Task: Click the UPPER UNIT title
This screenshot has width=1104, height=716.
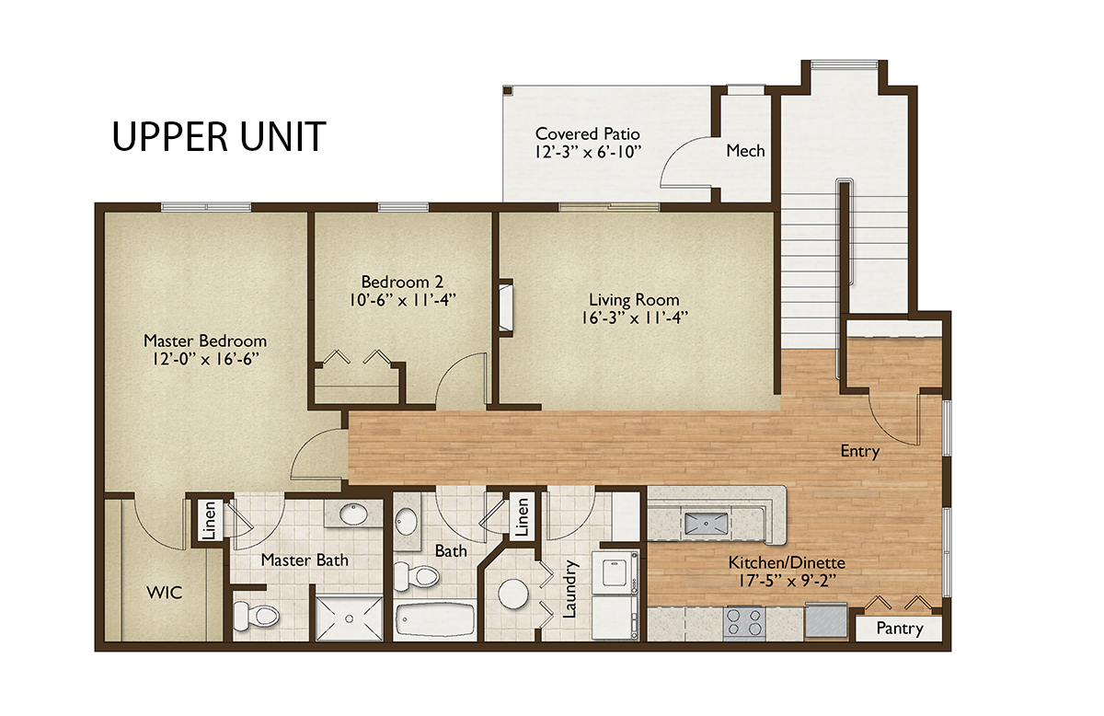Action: click(219, 136)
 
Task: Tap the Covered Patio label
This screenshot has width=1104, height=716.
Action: click(588, 134)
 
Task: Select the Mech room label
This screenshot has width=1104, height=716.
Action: click(745, 151)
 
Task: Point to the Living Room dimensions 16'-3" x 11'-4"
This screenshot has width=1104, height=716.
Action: click(634, 318)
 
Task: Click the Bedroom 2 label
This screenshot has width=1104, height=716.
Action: click(402, 282)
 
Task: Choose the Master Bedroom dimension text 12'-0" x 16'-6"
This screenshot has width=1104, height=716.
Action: click(205, 359)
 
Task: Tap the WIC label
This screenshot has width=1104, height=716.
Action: click(165, 593)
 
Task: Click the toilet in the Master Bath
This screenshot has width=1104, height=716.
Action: click(256, 616)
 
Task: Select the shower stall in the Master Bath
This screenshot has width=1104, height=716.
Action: click(349, 618)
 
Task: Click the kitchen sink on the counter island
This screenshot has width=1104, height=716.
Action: click(706, 524)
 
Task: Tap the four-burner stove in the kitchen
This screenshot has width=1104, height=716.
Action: click(744, 622)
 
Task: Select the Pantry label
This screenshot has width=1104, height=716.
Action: click(900, 629)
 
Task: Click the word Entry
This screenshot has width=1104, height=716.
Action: click(860, 451)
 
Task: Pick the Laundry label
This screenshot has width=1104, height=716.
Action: click(569, 589)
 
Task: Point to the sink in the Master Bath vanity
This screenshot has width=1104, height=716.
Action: click(354, 514)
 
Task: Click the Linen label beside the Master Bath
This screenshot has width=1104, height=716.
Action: click(210, 520)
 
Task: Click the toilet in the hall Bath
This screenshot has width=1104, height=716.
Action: click(417, 576)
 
